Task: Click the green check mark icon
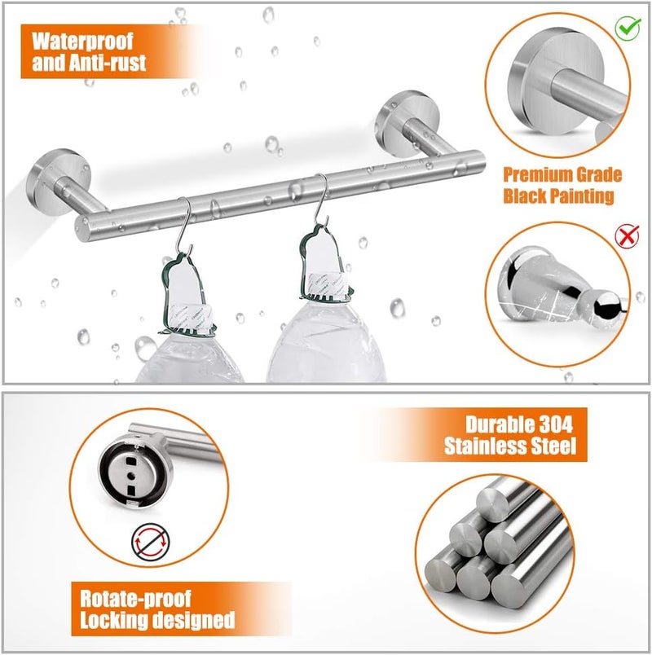(x=628, y=28)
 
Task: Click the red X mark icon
(x=627, y=235)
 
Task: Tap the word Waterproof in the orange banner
(x=82, y=41)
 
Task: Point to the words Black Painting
(x=558, y=196)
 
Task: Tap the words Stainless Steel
(x=510, y=446)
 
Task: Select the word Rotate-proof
(x=135, y=599)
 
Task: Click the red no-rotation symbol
(x=151, y=542)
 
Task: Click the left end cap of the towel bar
(x=83, y=229)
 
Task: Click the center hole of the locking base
(x=132, y=476)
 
